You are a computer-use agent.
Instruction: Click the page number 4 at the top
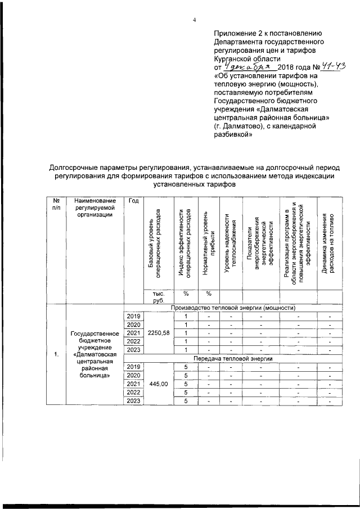[194, 20]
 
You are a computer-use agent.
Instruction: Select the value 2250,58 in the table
[158, 333]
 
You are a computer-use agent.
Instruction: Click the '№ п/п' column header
[56, 205]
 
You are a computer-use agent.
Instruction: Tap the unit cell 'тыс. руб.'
[158, 297]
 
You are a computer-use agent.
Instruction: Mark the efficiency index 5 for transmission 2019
[184, 367]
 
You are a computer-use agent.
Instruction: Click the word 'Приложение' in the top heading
[237, 33]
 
